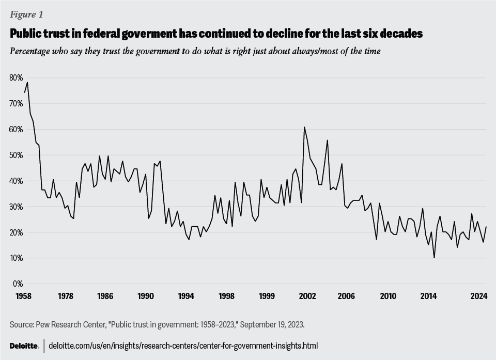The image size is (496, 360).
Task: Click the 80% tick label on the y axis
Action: click(16, 77)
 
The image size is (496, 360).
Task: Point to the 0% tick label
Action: click(18, 284)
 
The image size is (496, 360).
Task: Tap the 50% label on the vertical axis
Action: click(16, 155)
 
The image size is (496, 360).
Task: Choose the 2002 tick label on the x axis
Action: click(307, 296)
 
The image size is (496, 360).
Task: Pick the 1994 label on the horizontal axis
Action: click(186, 296)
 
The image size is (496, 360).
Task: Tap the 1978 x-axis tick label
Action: click(65, 296)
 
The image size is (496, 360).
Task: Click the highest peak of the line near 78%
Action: click(27, 82)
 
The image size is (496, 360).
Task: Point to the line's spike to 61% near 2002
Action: click(304, 127)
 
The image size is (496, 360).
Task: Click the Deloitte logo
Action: click(24, 346)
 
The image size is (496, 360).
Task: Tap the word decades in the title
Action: click(404, 34)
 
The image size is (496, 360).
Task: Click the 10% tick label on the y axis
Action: click(16, 258)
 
